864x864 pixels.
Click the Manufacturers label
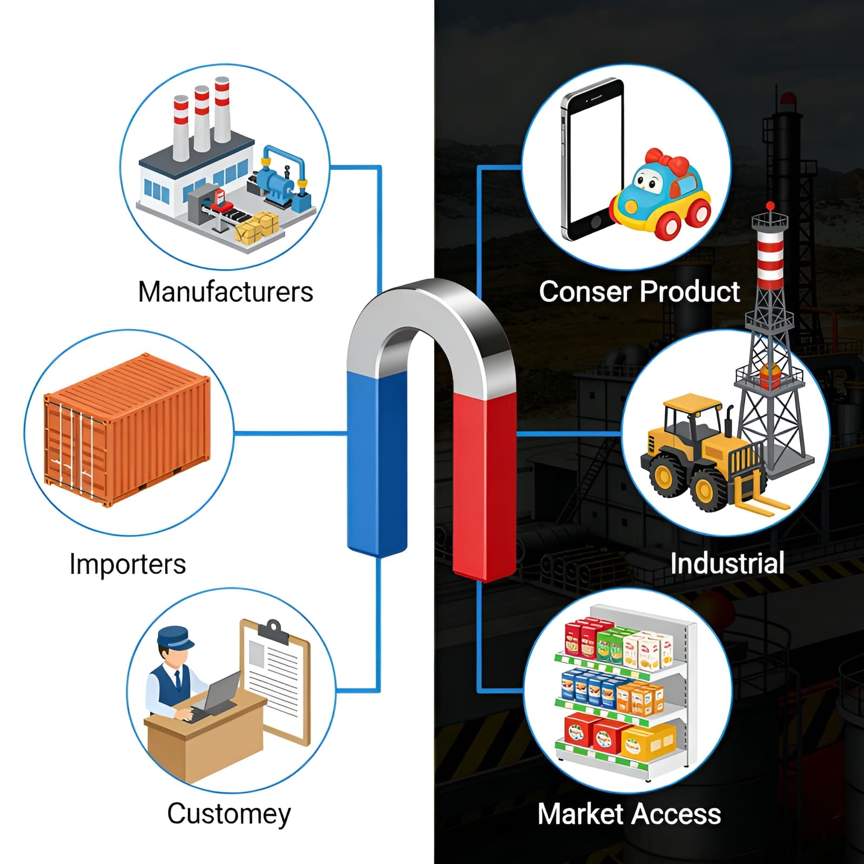[225, 292]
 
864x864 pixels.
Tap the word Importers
[127, 564]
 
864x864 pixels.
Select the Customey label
[228, 814]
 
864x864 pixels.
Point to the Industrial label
[727, 563]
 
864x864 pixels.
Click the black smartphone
[591, 162]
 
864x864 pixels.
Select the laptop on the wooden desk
[219, 694]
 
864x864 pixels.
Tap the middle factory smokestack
[201, 119]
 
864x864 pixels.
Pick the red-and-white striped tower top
[769, 254]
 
